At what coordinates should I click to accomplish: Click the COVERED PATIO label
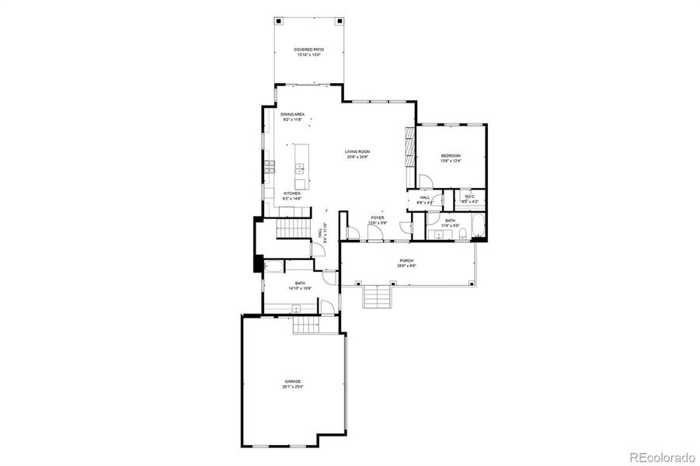308,50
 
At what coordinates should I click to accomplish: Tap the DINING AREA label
292,114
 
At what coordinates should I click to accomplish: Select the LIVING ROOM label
357,151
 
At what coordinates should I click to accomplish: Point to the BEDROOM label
451,156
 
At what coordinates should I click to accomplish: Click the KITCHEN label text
291,193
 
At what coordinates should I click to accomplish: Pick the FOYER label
377,218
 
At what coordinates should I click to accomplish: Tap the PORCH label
406,261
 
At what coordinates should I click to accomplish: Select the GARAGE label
292,381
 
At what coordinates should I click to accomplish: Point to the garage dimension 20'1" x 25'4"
292,387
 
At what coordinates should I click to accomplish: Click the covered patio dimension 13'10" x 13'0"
308,55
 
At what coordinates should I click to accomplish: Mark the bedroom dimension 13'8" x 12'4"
451,162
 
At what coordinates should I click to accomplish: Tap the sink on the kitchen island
299,167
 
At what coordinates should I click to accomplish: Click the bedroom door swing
426,182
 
